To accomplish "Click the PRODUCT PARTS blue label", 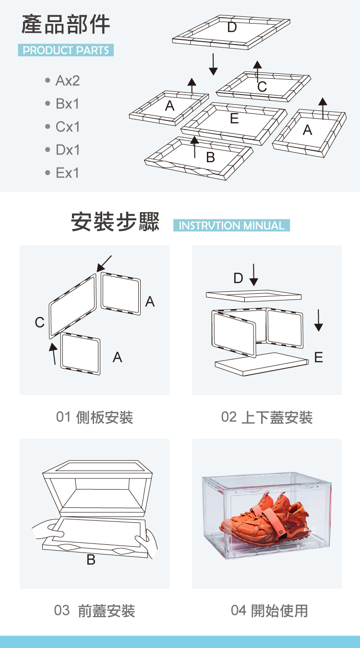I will click(x=66, y=50).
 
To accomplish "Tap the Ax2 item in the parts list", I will click(x=67, y=81).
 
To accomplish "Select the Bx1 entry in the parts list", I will click(x=67, y=104).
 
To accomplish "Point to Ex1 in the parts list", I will click(x=67, y=173).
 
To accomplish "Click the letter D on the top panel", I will click(x=232, y=28).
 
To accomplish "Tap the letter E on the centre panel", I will click(x=234, y=119).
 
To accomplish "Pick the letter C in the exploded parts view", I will click(x=262, y=87).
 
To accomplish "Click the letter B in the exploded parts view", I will click(x=210, y=157).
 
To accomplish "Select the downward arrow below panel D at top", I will click(x=213, y=64).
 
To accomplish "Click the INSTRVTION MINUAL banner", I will click(x=231, y=226).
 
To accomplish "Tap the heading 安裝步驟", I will click(x=115, y=222).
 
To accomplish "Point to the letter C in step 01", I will click(x=40, y=323).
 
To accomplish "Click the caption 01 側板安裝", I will click(x=95, y=417).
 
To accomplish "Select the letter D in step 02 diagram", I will click(x=238, y=278).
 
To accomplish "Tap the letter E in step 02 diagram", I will click(x=318, y=357).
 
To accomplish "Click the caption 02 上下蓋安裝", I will click(x=267, y=417).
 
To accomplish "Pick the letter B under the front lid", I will click(x=91, y=559).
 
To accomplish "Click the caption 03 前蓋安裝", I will click(x=95, y=611).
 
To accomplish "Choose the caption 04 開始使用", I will click(x=269, y=611).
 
